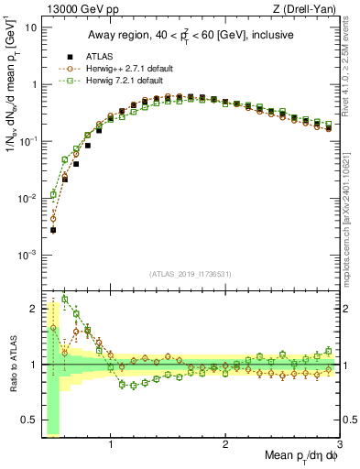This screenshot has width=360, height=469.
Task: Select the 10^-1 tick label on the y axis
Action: (28, 141)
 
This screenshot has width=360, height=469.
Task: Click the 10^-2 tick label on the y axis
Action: (28, 198)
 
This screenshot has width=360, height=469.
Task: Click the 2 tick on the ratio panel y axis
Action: (33, 308)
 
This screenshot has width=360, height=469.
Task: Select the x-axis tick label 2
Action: (225, 445)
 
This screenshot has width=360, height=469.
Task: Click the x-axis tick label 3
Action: (340, 445)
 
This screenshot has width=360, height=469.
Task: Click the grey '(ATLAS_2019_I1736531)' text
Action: (191, 273)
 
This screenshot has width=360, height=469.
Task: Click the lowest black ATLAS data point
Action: (53, 230)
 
